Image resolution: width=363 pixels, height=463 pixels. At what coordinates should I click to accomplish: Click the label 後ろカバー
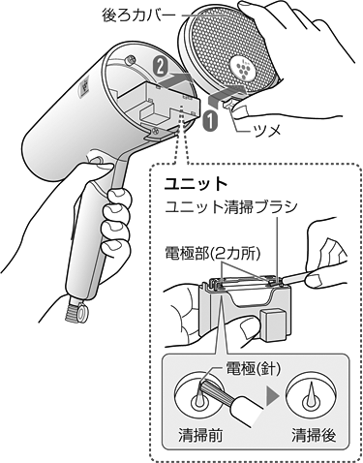point(138,15)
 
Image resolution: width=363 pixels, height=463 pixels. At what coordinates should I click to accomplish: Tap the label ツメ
point(266,131)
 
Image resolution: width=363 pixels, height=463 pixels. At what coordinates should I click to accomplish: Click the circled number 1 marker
point(209,121)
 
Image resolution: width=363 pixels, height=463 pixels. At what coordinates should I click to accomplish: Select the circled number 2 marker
point(160,67)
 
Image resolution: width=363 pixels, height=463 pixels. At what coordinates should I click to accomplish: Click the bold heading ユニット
point(197,184)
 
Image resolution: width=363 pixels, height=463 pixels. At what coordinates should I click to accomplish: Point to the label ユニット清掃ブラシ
point(230,207)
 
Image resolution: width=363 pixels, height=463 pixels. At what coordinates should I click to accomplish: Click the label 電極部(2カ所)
point(212,255)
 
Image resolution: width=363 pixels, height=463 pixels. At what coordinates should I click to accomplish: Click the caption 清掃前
point(200,435)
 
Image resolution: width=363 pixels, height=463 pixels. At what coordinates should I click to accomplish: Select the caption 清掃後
point(314,435)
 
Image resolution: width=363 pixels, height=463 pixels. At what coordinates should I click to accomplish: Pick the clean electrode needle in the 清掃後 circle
point(312,394)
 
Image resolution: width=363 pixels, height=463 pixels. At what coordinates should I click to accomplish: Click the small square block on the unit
point(274,325)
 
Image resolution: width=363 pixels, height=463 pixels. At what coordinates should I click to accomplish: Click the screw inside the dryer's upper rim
point(131,59)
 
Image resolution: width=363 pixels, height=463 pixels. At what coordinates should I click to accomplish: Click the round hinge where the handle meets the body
point(96,160)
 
